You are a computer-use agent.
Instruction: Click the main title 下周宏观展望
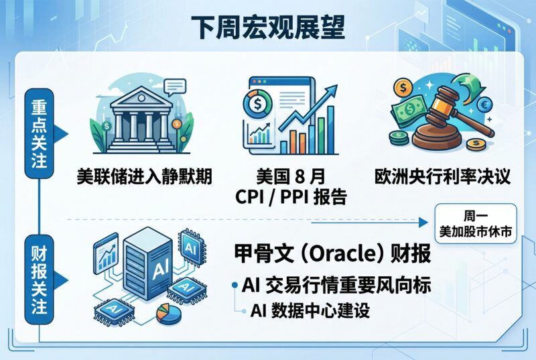point(267,27)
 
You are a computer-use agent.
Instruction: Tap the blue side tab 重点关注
point(40,133)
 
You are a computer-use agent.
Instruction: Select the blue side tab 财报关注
point(40,280)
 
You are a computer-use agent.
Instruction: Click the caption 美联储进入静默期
point(144,177)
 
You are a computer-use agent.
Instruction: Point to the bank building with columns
point(141,119)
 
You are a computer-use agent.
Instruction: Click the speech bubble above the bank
point(175,87)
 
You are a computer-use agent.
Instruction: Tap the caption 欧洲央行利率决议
point(442,177)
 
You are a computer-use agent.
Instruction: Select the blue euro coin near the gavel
point(484,105)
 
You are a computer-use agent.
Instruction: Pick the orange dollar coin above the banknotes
point(403,88)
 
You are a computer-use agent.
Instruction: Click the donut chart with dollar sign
point(257,103)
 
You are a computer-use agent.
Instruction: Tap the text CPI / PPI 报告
point(291,197)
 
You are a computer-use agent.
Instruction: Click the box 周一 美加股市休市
point(476,224)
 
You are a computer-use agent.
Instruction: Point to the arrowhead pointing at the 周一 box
point(423,223)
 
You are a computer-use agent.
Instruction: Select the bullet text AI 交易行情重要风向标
point(336,285)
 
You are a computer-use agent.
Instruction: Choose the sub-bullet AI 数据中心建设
point(310,311)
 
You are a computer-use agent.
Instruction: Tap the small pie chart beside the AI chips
point(169,314)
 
